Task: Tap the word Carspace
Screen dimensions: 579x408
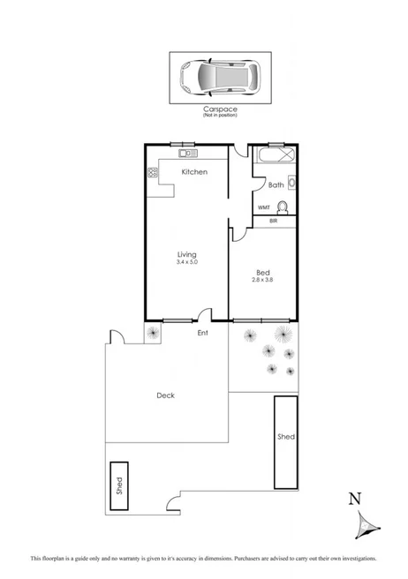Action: tap(219, 109)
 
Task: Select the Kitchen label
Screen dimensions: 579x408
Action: tap(194, 171)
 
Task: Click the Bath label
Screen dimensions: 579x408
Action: tap(276, 184)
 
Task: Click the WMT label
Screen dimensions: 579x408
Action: tap(264, 207)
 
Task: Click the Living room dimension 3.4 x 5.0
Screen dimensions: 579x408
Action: tap(186, 262)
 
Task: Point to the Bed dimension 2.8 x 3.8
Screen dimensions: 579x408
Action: tap(263, 279)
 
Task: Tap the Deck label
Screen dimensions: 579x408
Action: tap(165, 395)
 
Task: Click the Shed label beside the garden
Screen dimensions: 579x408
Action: tap(285, 437)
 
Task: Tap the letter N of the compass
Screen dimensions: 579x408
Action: tap(355, 498)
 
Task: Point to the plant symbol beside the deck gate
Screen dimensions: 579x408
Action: tap(153, 333)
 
